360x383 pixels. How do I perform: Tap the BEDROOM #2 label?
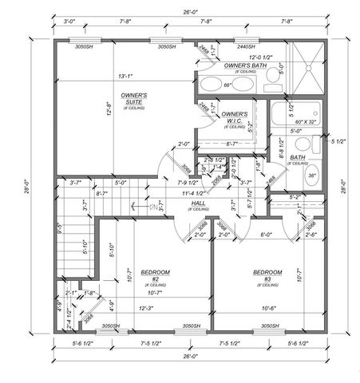[x=156, y=275]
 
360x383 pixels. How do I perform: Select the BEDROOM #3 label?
[x=267, y=275]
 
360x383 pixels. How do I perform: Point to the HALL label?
[x=200, y=204]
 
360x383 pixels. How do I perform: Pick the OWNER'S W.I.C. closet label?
[x=234, y=117]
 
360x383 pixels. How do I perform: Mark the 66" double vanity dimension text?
[x=227, y=85]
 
